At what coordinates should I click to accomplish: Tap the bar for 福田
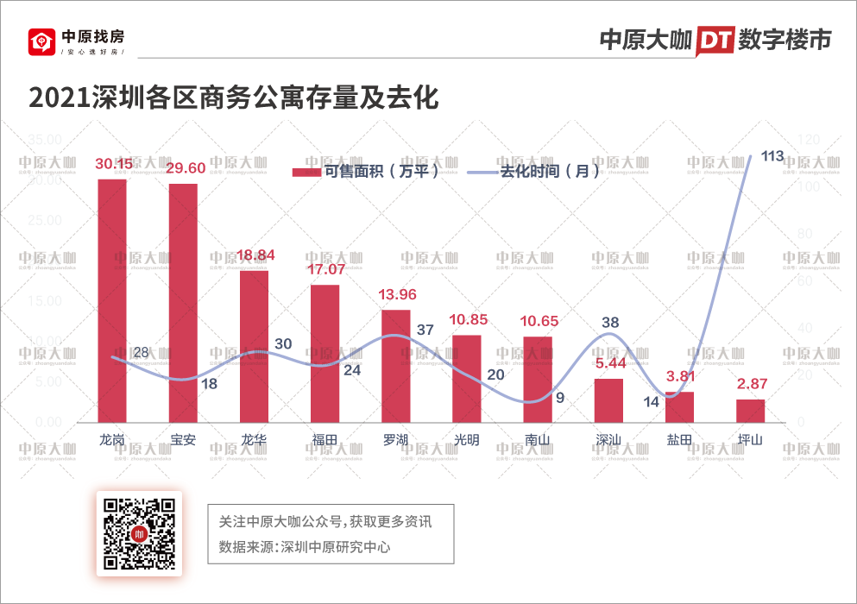coord(325,353)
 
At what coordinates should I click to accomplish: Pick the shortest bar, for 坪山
coord(750,411)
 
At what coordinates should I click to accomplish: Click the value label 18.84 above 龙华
coord(254,256)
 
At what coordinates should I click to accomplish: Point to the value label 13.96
coord(397,295)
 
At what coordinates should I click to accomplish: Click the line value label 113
coord(772,156)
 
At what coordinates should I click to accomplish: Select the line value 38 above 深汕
coord(609,323)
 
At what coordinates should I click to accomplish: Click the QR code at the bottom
coord(138,532)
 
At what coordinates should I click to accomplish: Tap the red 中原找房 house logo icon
coord(41,41)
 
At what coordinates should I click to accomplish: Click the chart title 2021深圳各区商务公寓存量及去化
coord(234,98)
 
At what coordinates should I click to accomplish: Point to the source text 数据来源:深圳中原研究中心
coord(305,547)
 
